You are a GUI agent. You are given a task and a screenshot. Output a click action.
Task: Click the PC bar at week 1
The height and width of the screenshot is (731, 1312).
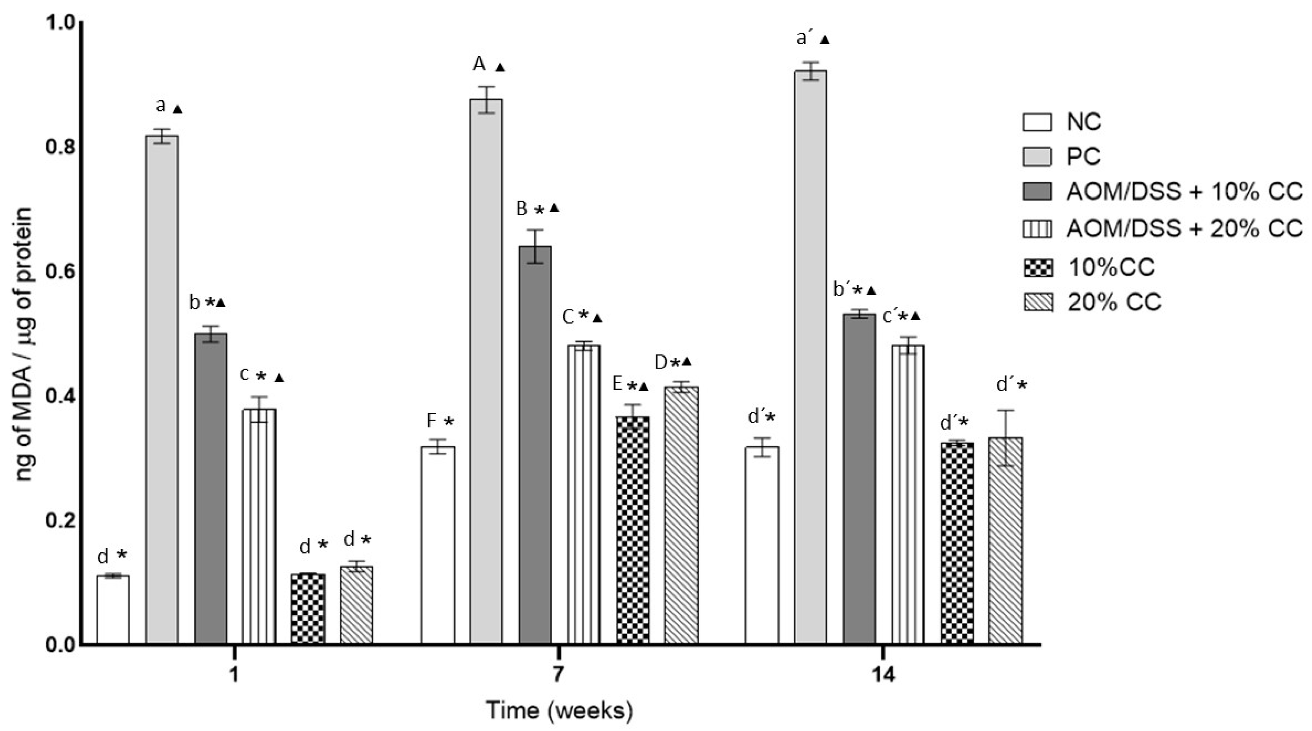[162, 389]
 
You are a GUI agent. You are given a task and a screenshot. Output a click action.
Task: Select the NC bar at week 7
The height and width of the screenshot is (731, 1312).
[437, 545]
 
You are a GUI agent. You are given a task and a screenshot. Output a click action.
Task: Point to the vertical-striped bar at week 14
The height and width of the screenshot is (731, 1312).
[908, 494]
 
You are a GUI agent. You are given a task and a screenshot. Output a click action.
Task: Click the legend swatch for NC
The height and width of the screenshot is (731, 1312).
[1037, 122]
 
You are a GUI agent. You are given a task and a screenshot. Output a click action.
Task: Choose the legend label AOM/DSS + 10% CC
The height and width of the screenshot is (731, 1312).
[1184, 191]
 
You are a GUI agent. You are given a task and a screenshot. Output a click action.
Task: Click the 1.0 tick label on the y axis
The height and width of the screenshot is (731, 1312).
[60, 22]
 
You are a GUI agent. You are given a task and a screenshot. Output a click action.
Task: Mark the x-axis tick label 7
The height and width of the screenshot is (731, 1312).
[559, 675]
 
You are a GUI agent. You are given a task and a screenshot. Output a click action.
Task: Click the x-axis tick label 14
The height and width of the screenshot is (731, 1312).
[883, 675]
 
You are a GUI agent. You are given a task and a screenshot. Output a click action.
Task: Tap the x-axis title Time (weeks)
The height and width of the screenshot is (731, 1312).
[559, 710]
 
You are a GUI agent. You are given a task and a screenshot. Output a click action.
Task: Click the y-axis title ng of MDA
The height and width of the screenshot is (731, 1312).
[24, 346]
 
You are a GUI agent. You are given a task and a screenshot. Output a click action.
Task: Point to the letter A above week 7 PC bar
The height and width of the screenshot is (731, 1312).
[479, 65]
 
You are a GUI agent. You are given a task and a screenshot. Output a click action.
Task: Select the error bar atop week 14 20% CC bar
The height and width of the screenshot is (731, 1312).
[1005, 438]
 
